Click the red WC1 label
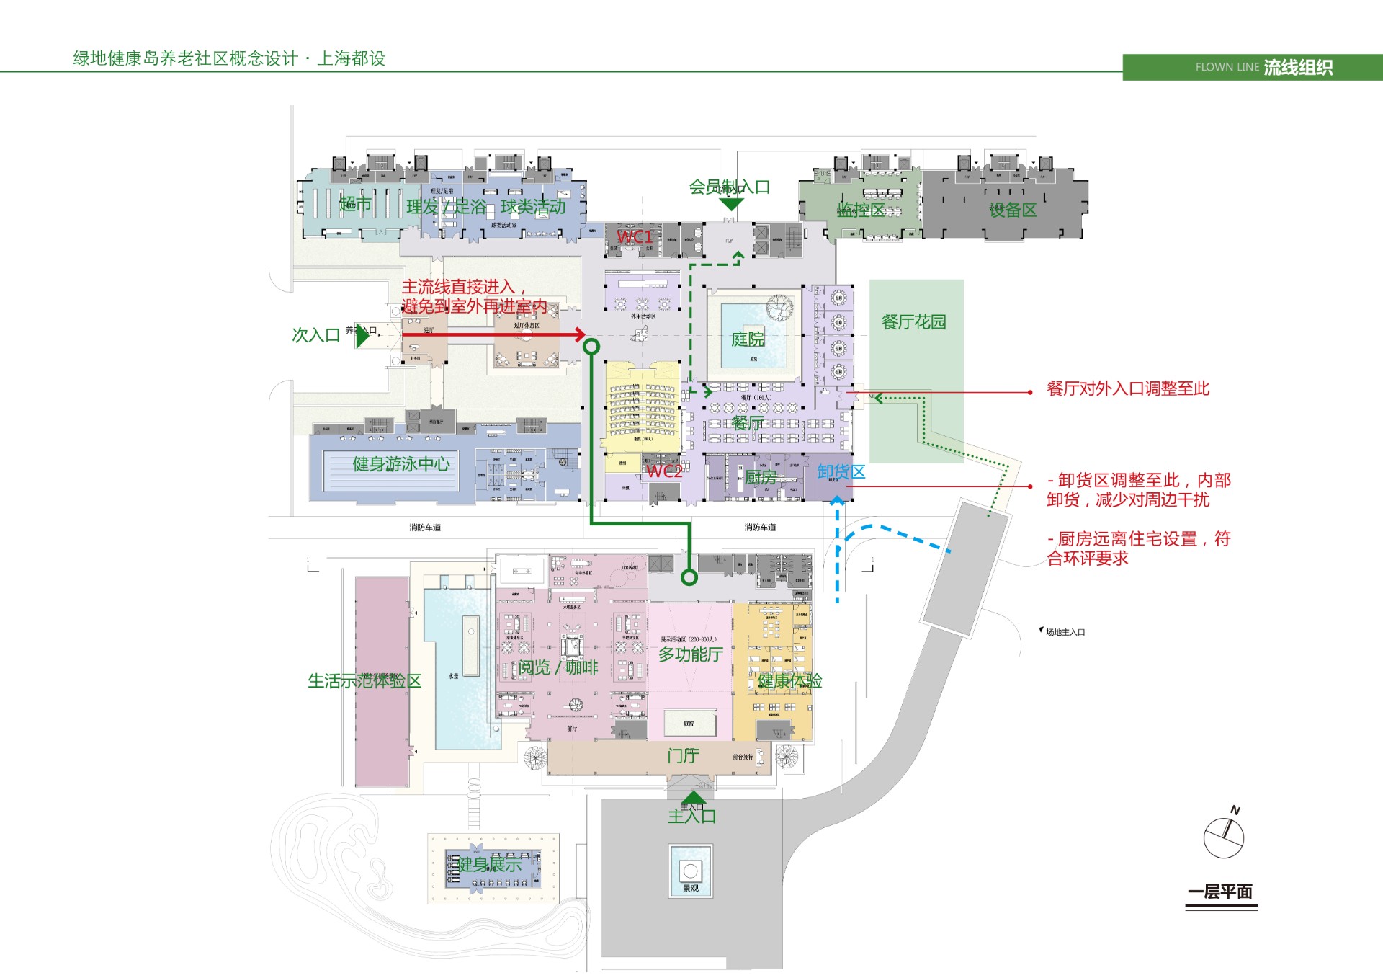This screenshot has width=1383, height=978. [635, 236]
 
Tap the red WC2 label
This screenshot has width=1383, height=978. [663, 471]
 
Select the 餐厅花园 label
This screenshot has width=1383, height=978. [913, 322]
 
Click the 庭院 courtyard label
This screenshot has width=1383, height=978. [748, 339]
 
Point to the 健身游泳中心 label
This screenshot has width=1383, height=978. [400, 464]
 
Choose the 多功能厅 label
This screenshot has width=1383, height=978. [690, 654]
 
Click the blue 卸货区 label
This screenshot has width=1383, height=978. [841, 472]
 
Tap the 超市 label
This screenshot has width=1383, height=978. [355, 204]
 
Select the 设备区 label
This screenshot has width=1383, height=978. [1012, 210]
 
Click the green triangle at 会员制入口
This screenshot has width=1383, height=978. [731, 205]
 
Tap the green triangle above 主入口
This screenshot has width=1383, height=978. [693, 797]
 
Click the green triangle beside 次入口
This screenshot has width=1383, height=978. [362, 336]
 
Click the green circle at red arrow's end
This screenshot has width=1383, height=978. [591, 347]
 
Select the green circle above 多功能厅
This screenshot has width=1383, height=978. [689, 577]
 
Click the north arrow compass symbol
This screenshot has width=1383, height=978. [1224, 836]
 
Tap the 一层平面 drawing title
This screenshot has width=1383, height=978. [1220, 892]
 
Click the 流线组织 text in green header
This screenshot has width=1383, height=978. [1298, 68]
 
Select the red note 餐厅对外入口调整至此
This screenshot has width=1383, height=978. [1127, 389]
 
